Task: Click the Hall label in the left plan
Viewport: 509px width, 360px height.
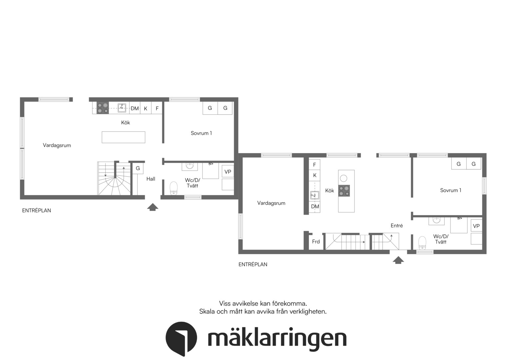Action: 151,179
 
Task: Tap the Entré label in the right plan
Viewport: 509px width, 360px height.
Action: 397,226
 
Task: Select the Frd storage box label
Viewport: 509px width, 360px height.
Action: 316,242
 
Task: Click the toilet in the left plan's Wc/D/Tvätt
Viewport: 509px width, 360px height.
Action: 174,188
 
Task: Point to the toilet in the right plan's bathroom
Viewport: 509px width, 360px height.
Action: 422,243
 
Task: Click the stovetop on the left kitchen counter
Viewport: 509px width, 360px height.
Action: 103,108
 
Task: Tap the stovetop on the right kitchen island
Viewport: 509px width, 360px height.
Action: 344,191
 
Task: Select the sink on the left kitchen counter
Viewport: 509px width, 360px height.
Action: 122,108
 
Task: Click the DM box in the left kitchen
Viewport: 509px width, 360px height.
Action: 135,108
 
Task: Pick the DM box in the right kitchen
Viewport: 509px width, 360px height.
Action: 315,206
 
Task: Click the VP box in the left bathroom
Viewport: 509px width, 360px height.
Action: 228,172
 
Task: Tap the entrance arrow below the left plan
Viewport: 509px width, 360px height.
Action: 153,207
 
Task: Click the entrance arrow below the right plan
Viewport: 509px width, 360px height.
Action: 398,260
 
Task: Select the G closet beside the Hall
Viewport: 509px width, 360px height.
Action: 138,168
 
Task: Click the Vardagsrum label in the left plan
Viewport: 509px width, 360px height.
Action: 57,145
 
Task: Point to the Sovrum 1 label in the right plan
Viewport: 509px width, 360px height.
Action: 451,190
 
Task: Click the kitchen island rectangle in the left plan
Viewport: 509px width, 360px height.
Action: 123,137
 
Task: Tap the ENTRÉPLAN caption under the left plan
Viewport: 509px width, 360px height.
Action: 36,211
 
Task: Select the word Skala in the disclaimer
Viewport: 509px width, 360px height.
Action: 207,311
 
